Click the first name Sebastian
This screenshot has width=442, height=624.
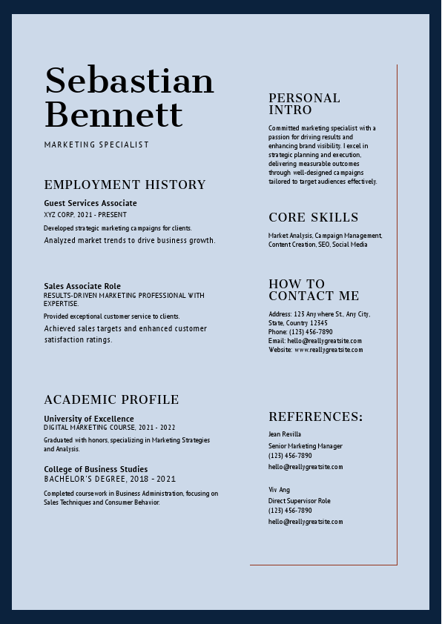point(129,80)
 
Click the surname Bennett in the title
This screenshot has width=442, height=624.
point(113,114)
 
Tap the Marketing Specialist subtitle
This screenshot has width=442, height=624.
point(96,145)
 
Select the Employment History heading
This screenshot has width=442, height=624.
point(125,185)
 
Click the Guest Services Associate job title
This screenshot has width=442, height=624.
point(90,203)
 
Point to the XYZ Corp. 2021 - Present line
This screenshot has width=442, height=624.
point(85,215)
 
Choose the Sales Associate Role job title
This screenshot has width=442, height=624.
point(82,286)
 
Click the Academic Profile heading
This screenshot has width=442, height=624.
point(111,399)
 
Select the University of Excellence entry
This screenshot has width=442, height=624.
point(89,419)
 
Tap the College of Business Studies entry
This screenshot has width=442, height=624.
point(96,469)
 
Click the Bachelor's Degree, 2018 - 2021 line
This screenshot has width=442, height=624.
point(110,479)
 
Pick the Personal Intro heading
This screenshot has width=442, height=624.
point(304,104)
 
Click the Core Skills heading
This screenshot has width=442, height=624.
point(313,217)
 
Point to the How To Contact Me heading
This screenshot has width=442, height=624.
point(314,290)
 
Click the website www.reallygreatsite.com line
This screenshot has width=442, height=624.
point(316,350)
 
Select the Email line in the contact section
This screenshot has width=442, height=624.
point(315,341)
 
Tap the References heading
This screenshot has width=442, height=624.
point(316,416)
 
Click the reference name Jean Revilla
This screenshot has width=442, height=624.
point(285,434)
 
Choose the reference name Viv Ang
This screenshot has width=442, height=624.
point(279,490)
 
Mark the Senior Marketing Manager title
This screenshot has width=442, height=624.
point(306,446)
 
